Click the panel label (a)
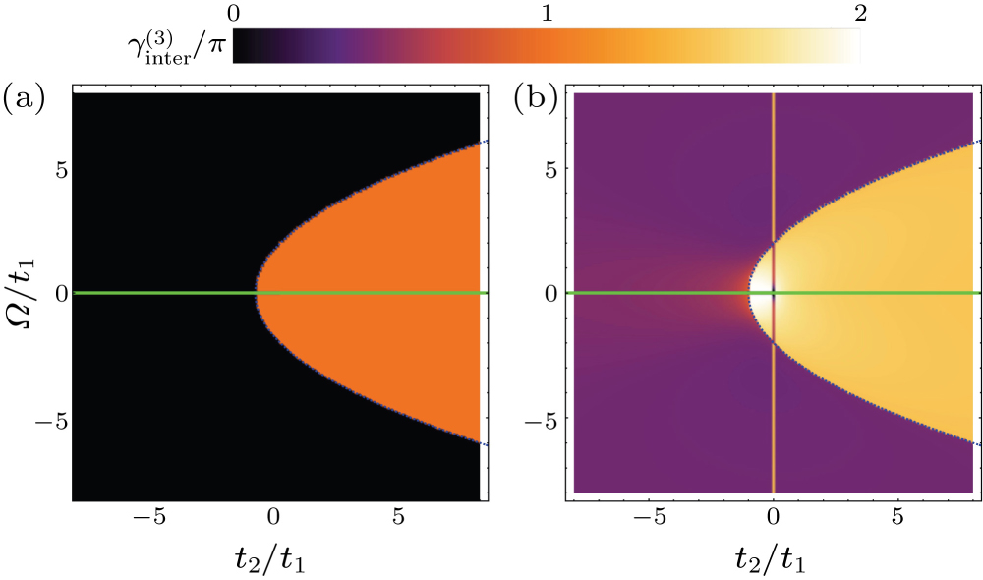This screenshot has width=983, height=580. (21, 97)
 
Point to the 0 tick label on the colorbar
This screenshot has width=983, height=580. (233, 14)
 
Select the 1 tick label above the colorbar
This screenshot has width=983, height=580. (547, 14)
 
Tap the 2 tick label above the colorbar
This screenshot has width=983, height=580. (860, 14)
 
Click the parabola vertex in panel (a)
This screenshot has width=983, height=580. (257, 293)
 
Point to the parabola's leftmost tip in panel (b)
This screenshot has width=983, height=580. (750, 293)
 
